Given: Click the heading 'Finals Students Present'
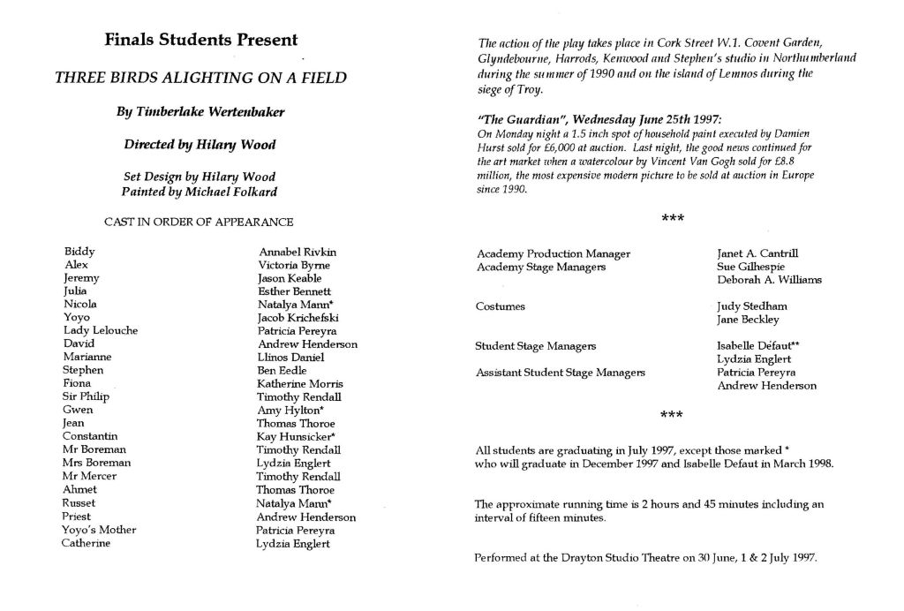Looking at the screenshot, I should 201,40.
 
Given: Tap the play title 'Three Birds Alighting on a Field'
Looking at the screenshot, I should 201,77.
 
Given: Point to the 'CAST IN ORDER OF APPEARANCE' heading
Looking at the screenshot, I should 199,222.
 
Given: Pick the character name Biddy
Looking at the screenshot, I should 79,252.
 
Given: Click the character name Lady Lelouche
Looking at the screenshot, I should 101,330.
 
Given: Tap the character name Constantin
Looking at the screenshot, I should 90,436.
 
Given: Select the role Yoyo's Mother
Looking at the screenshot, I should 99,530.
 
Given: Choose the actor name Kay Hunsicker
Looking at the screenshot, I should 295,436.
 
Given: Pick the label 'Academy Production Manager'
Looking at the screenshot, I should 554,253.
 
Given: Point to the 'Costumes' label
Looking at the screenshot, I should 501,306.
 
